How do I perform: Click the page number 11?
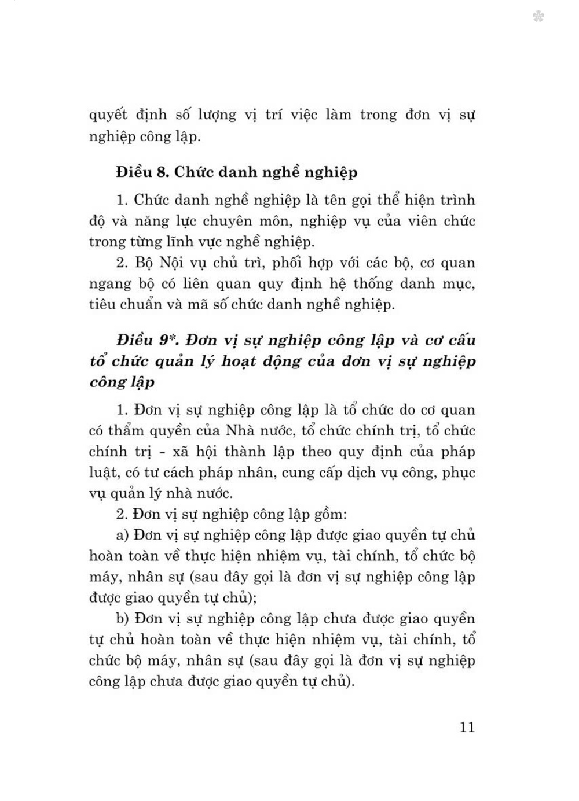(x=467, y=727)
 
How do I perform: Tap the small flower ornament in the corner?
(x=538, y=17)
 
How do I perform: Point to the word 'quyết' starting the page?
(x=108, y=115)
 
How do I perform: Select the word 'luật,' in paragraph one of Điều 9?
(x=104, y=473)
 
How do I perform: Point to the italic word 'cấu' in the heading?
(x=461, y=339)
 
